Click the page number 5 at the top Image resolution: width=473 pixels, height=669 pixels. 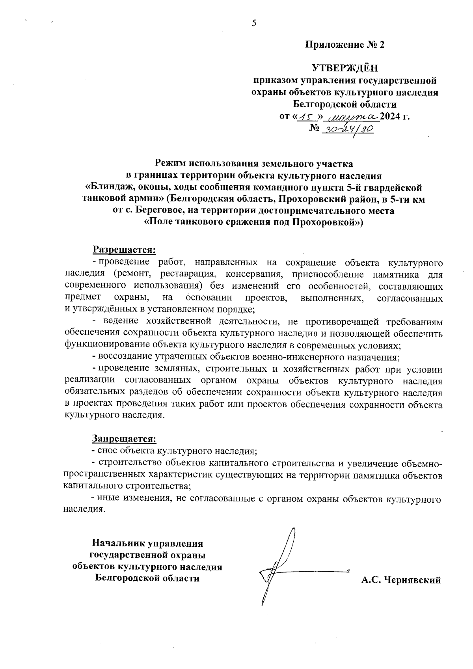pyautogui.click(x=254, y=23)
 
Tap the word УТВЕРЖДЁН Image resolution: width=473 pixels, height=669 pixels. pyautogui.click(x=345, y=69)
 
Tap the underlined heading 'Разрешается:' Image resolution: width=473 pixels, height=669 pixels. pyautogui.click(x=124, y=250)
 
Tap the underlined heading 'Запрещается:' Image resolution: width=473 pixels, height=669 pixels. pyautogui.click(x=124, y=438)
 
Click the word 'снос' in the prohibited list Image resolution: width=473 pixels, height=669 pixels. pyautogui.click(x=108, y=450)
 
